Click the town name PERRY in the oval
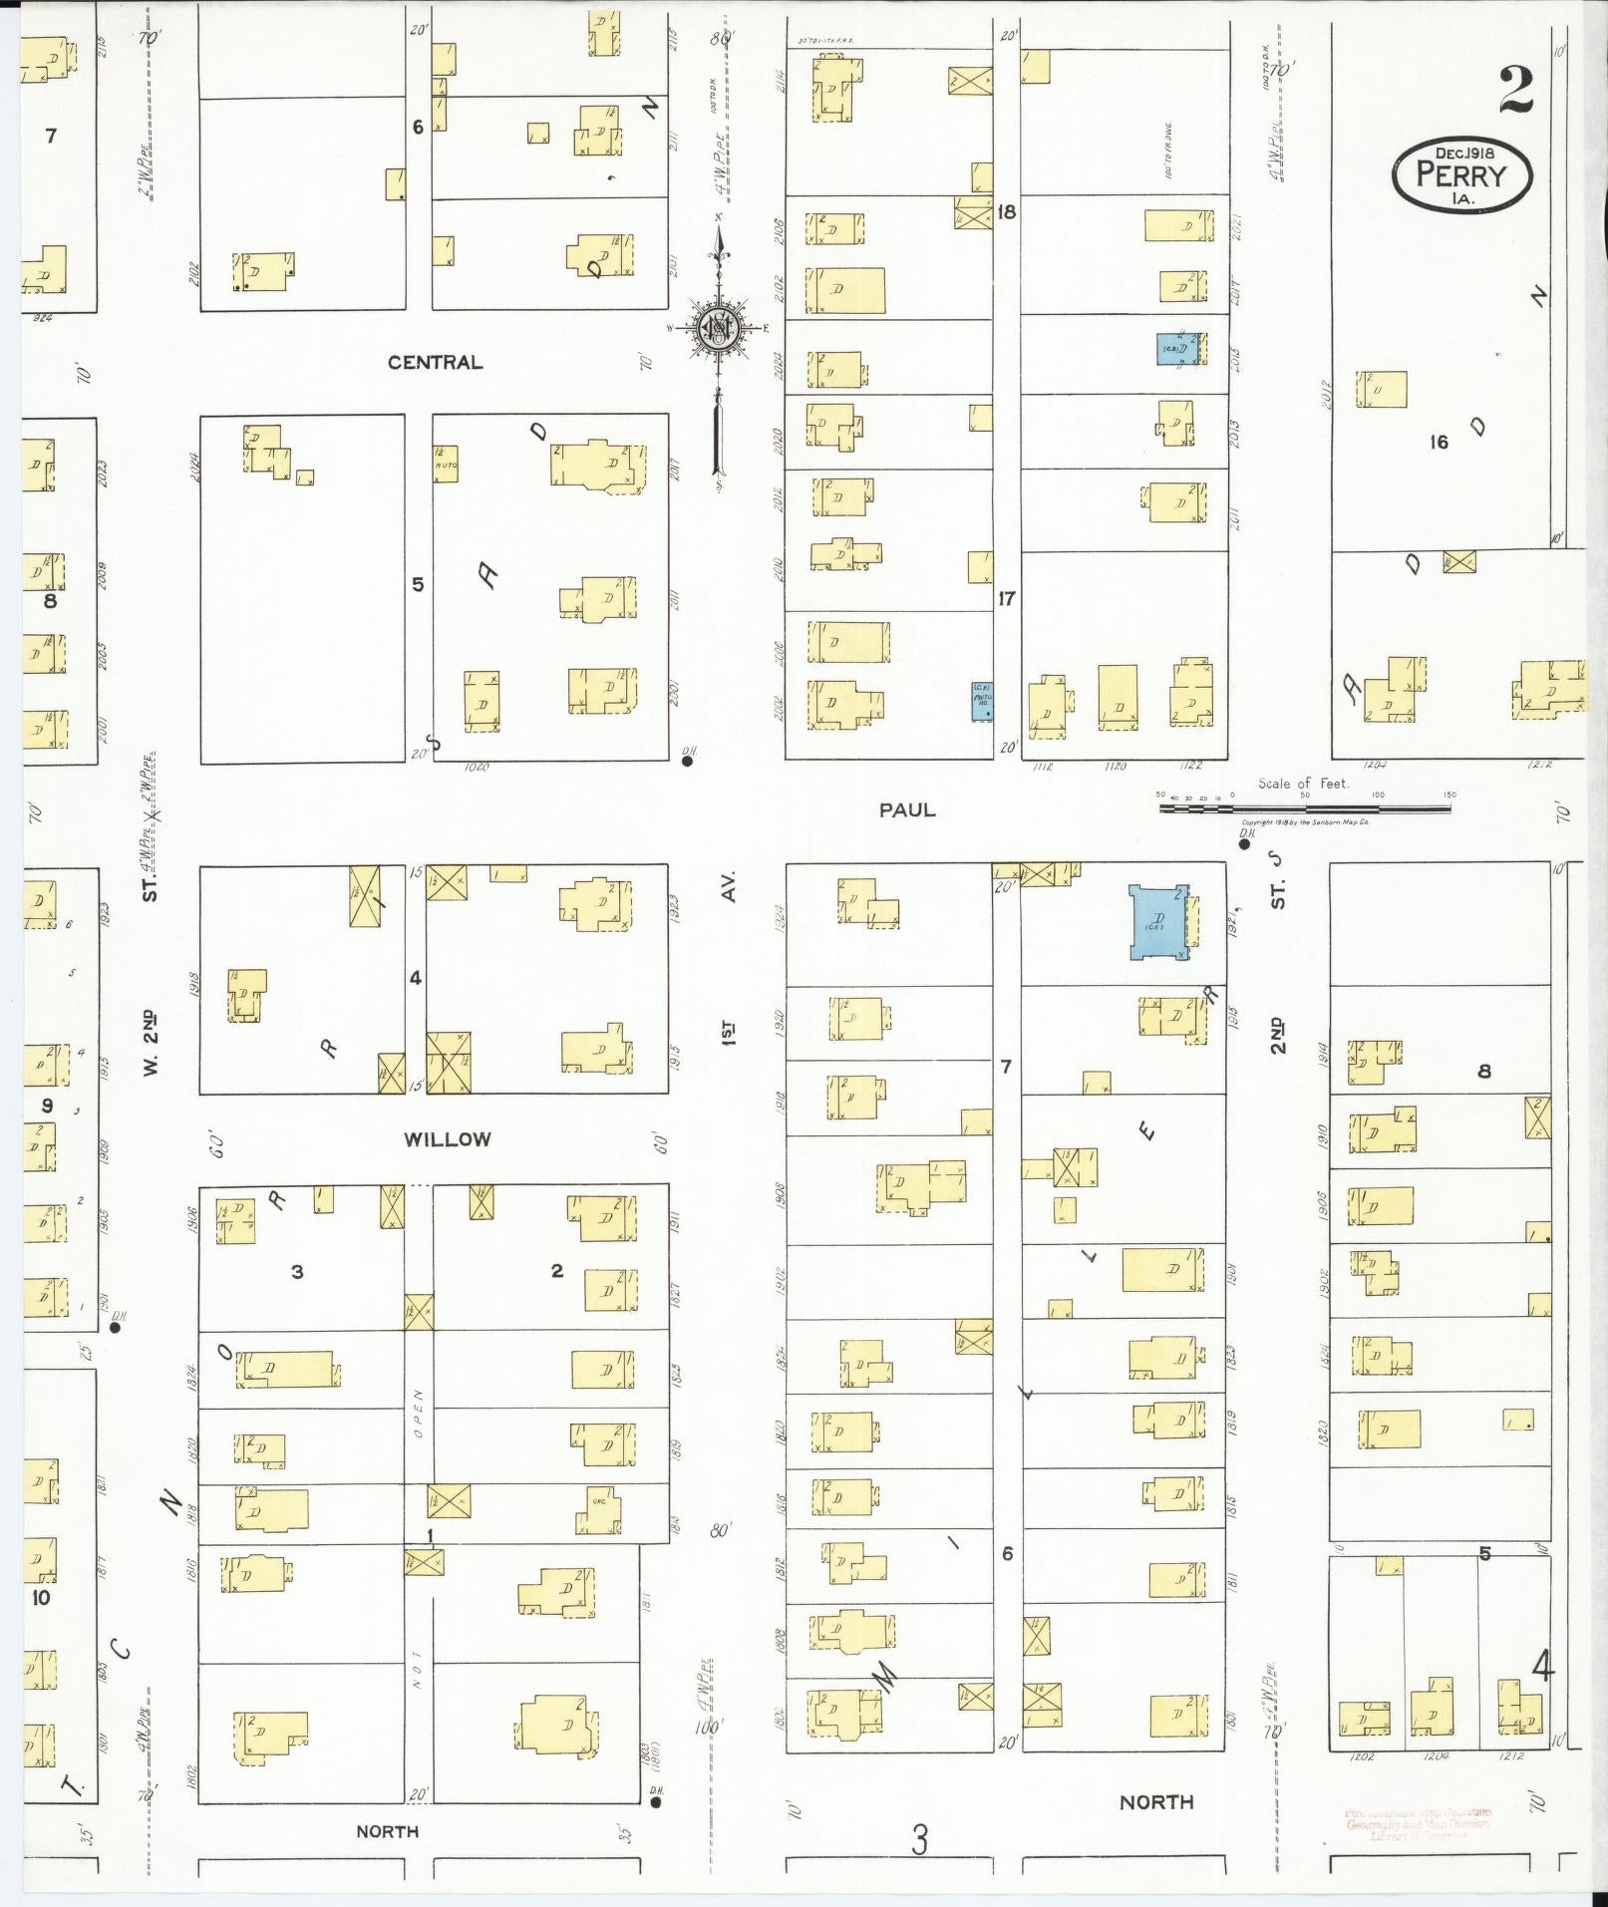[1461, 175]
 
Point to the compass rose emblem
[718, 328]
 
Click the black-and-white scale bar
[1306, 806]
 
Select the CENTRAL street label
[435, 362]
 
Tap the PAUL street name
[907, 810]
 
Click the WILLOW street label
[447, 1138]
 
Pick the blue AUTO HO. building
[982, 702]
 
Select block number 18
[1007, 211]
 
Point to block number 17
[1007, 598]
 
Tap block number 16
[1438, 442]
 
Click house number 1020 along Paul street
[476, 767]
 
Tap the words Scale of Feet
[1303, 784]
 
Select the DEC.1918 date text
[1463, 153]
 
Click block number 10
[41, 1597]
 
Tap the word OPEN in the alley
[419, 1414]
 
